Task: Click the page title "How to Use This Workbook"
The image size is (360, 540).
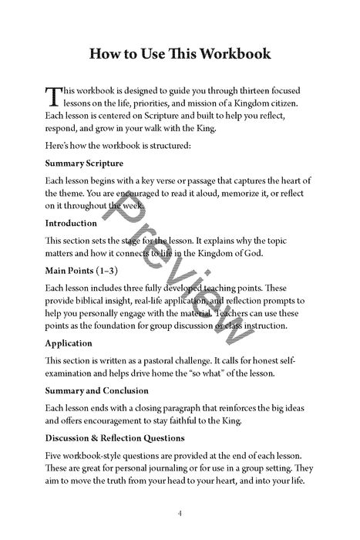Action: point(180,54)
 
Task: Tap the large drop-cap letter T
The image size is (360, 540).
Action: point(52,96)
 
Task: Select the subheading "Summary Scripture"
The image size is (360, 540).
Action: point(84,164)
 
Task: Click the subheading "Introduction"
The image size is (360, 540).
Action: point(71,223)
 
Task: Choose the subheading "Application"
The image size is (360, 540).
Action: point(69,343)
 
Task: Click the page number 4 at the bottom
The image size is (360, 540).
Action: point(180,513)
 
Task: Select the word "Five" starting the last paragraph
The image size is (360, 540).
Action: point(55,455)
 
